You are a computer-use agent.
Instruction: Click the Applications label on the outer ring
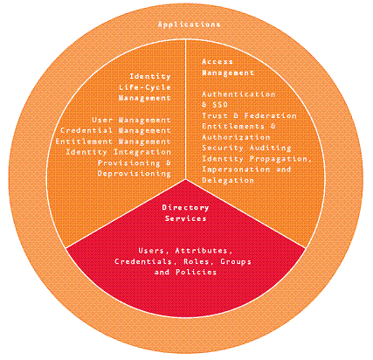(189, 24)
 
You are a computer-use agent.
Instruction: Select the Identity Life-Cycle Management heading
(145, 87)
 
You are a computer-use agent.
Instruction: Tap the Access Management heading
(228, 67)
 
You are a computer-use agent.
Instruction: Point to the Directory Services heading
(185, 213)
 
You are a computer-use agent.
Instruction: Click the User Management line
(131, 120)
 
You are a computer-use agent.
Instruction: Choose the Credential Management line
(115, 131)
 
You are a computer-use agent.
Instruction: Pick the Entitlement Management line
(113, 142)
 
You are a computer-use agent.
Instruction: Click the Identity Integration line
(118, 152)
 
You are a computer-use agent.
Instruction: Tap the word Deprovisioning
(134, 174)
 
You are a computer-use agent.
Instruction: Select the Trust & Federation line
(249, 115)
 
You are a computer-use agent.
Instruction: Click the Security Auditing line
(246, 148)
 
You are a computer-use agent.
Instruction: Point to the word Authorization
(236, 137)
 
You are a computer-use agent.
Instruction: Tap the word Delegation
(228, 180)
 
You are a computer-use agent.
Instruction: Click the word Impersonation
(236, 170)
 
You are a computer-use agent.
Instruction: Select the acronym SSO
(220, 105)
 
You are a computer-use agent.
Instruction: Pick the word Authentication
(238, 94)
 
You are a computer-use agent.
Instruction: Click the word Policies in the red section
(197, 272)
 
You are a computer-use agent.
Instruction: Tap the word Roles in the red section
(197, 261)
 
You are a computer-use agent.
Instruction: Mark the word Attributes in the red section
(204, 251)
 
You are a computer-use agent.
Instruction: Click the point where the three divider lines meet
(185, 179)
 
